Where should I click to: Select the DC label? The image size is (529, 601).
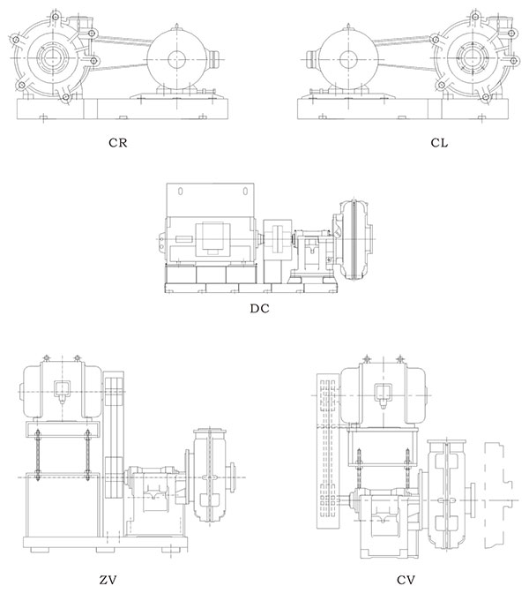click(x=259, y=309)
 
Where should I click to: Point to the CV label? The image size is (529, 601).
click(x=406, y=580)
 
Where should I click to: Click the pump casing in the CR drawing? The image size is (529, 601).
click(x=49, y=61)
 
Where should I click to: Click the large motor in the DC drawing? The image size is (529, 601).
click(x=212, y=238)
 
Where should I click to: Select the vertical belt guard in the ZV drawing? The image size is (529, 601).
click(x=112, y=450)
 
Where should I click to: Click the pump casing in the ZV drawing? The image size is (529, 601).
click(x=212, y=477)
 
